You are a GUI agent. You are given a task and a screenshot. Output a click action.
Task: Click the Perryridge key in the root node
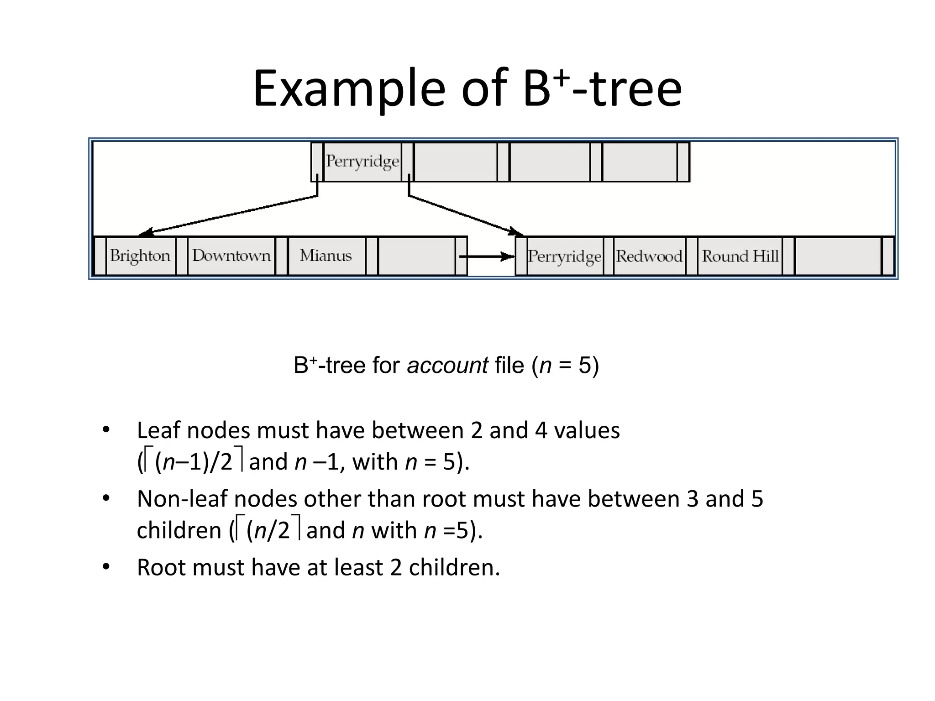click(362, 162)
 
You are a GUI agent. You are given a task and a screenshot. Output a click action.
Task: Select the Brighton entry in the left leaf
click(140, 256)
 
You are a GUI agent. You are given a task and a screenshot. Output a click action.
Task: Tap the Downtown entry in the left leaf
click(231, 256)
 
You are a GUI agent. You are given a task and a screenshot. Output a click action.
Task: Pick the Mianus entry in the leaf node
click(326, 256)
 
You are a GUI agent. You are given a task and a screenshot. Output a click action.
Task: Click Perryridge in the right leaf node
click(564, 256)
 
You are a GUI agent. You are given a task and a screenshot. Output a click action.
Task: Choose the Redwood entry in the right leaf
click(649, 256)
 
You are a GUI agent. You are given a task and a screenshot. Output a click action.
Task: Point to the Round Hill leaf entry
click(740, 256)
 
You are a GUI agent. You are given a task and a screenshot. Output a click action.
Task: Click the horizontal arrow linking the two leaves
click(486, 257)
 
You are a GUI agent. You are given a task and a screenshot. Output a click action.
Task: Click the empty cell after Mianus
click(416, 256)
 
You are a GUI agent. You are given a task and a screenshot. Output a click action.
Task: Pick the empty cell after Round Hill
click(838, 256)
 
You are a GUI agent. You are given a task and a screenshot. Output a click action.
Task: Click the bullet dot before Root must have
click(106, 567)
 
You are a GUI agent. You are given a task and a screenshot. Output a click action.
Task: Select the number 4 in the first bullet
click(541, 430)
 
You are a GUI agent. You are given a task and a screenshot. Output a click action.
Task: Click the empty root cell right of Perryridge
click(455, 162)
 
